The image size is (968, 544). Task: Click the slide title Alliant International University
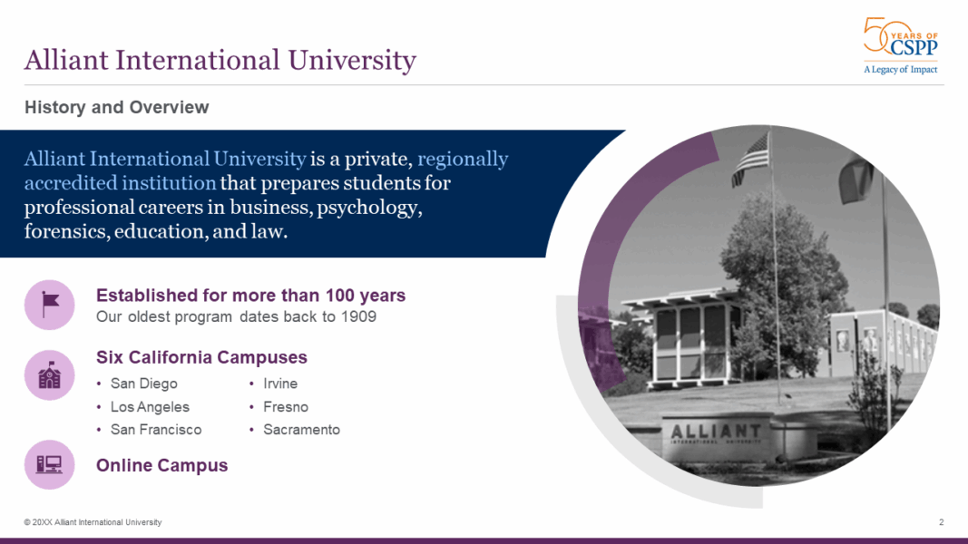pos(220,61)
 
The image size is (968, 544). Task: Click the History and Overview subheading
pos(116,107)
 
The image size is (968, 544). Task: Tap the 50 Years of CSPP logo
pos(900,45)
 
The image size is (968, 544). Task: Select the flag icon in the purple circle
pos(49,305)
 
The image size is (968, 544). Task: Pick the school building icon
pos(49,374)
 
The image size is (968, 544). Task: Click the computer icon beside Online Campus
pos(49,465)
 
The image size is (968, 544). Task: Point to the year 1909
pos(358,317)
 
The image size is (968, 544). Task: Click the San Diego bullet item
pos(143,384)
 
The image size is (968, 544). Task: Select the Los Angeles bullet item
pos(150,407)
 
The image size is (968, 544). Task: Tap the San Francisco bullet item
pos(155,430)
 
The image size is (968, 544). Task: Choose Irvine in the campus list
pos(280,384)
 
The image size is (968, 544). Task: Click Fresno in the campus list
pos(286,407)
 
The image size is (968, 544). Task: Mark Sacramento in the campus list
pos(301,430)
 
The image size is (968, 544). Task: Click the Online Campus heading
pos(161,465)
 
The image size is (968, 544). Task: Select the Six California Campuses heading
pos(201,357)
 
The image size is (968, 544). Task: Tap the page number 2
pos(941,522)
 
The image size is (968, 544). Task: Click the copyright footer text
pos(93,522)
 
